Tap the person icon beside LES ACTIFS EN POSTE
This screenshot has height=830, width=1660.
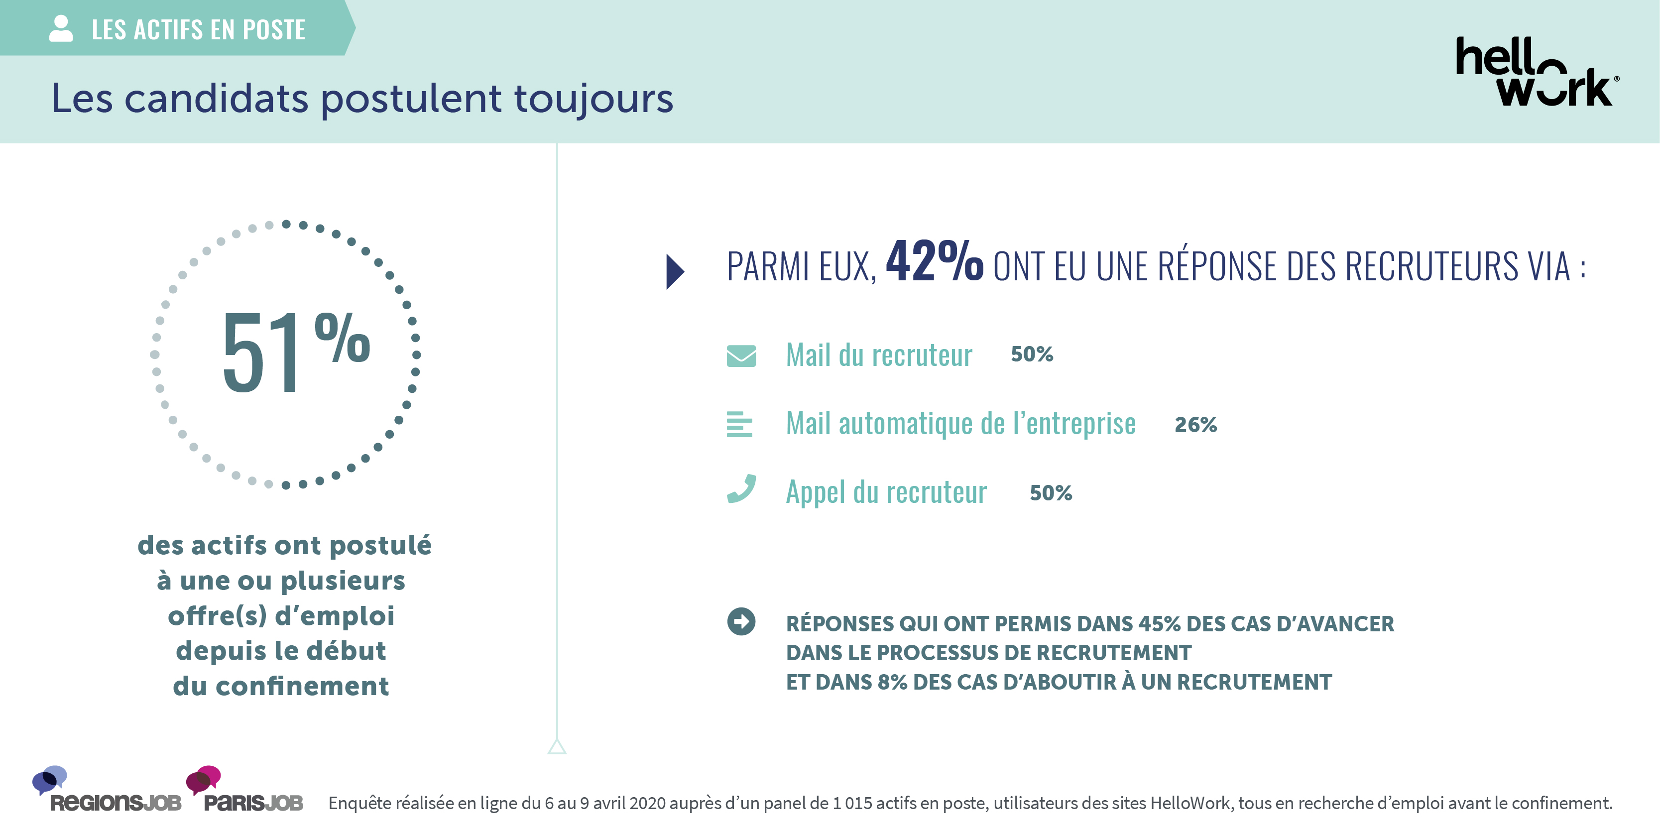(x=61, y=29)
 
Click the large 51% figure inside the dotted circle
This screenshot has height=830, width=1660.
(x=294, y=351)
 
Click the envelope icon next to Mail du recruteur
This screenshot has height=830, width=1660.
(x=741, y=356)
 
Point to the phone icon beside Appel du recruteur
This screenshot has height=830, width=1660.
(x=741, y=489)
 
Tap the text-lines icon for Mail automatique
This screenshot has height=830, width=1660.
(x=739, y=425)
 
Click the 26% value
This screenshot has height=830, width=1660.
(x=1195, y=425)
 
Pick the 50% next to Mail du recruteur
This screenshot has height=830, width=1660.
(x=1032, y=355)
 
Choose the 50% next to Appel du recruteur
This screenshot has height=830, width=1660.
(x=1051, y=493)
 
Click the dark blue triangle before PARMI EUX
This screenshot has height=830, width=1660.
(x=674, y=272)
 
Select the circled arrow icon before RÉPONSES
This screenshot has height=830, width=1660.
(x=741, y=622)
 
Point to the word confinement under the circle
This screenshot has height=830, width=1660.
(x=302, y=686)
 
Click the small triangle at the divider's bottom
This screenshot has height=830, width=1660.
(x=557, y=747)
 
